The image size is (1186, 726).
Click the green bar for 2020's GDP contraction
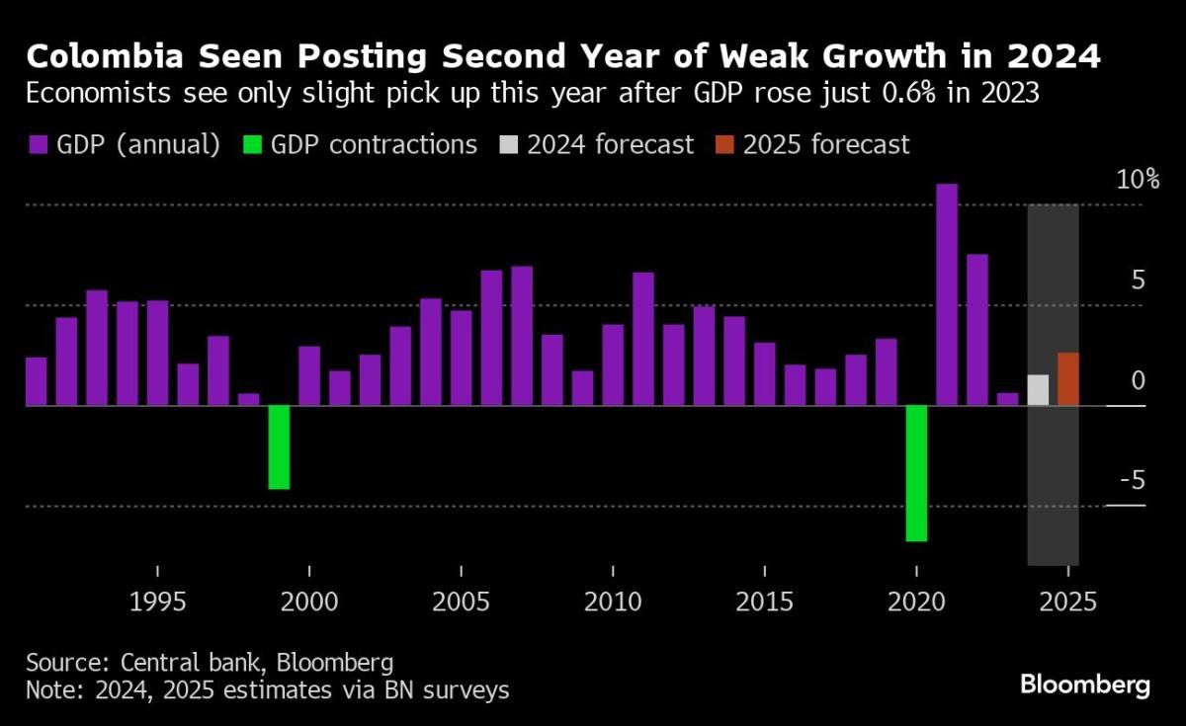917,473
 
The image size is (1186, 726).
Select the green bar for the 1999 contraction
279,446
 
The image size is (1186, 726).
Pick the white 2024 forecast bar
1038,390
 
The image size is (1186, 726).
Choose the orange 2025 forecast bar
1067,378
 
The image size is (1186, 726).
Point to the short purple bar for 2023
1007,399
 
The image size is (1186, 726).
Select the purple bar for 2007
522,336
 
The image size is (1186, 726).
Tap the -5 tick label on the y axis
1132,480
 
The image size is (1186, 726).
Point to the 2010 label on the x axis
613,602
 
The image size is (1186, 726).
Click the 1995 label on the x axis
157,602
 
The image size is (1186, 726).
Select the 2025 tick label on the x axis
1067,602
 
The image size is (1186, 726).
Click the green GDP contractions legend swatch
251,145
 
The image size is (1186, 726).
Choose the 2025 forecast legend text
825,145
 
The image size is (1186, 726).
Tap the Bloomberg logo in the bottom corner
1084,684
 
